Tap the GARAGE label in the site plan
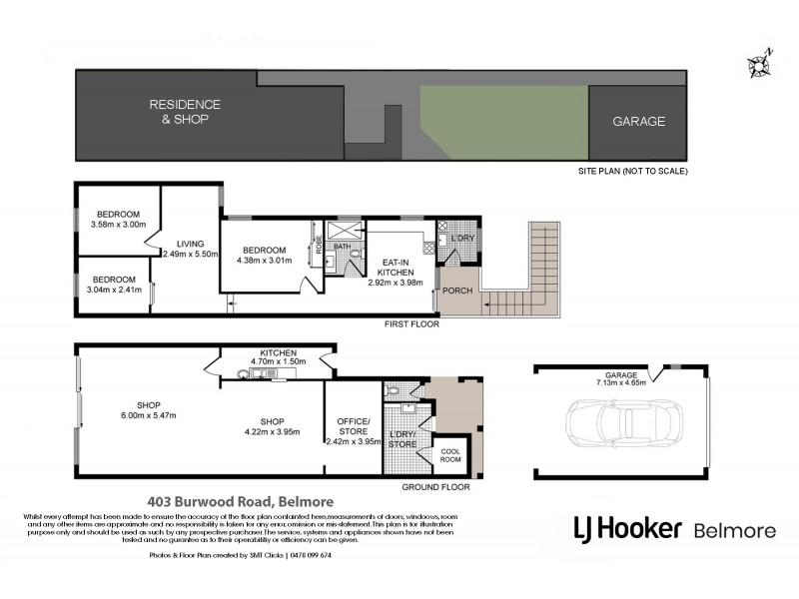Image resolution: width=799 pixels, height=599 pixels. [x=638, y=122]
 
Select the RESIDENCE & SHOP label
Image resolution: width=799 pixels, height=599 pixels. [x=185, y=112]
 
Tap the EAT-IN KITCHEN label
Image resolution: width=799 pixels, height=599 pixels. [x=398, y=268]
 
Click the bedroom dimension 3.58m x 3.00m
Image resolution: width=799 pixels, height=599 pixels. [x=118, y=225]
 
